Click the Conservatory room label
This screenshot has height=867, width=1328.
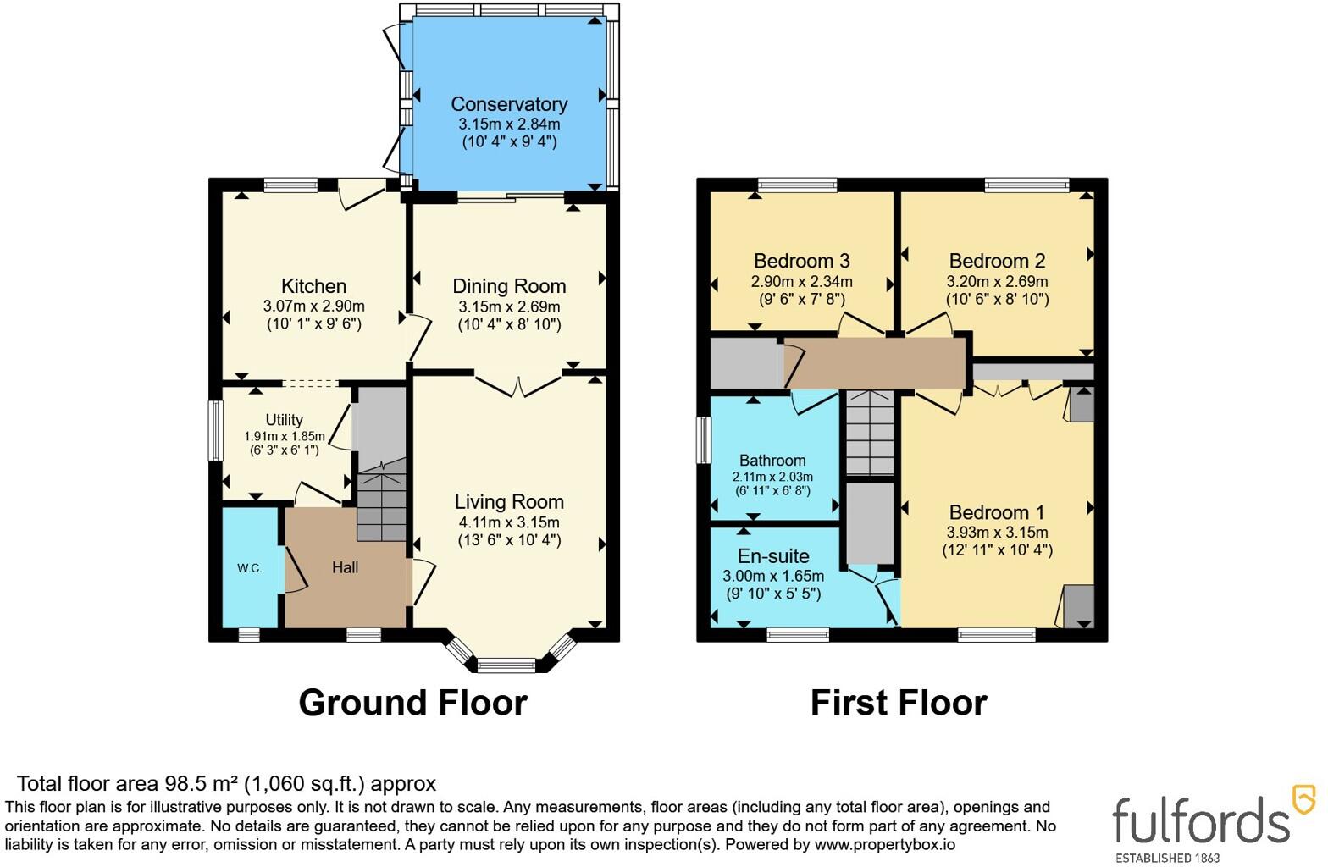(509, 104)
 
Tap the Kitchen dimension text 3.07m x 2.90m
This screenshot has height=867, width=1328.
(313, 306)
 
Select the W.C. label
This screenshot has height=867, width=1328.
(250, 568)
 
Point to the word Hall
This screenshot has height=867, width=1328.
(345, 568)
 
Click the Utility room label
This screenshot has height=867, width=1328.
(284, 420)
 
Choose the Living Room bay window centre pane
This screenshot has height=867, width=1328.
(506, 665)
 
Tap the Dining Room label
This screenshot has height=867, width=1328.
(509, 286)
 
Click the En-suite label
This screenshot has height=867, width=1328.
(773, 556)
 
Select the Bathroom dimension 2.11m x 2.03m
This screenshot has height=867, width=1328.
(772, 477)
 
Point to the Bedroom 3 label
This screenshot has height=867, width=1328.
(801, 261)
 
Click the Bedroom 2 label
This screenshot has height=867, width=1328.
(997, 261)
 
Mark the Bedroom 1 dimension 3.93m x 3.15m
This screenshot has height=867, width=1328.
(997, 533)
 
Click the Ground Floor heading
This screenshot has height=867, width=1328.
(412, 704)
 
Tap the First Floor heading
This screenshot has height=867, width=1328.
(899, 704)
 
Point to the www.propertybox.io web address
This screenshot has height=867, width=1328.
(884, 844)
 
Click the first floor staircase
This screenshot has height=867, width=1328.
(870, 433)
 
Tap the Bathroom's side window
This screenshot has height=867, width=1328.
(703, 439)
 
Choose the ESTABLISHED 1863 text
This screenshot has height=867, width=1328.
(1167, 859)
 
